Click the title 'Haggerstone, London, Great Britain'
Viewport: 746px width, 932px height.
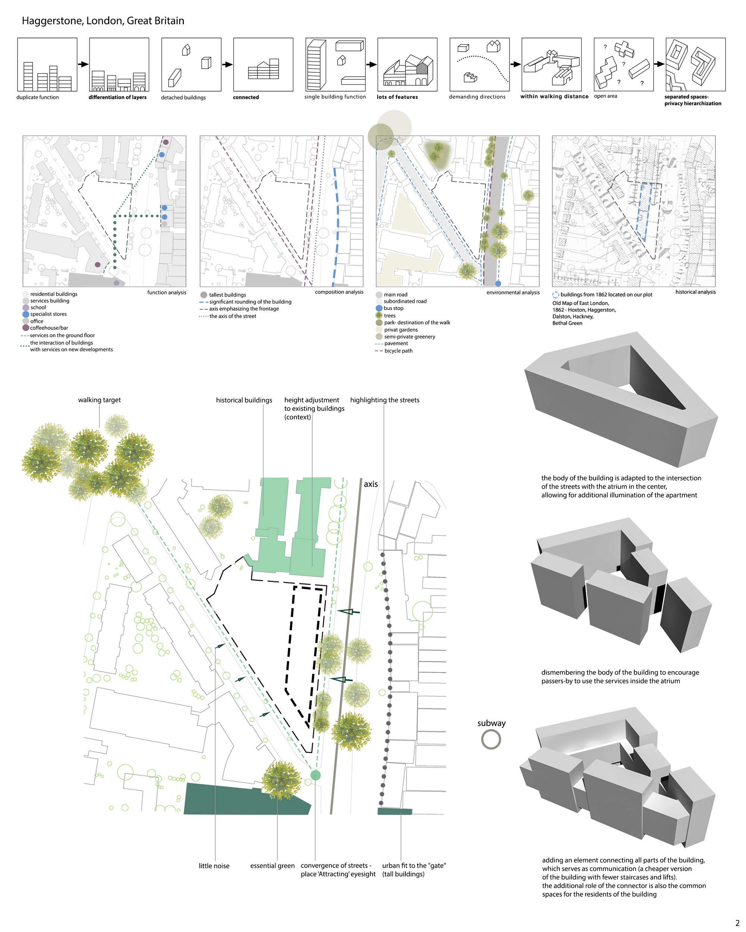(x=103, y=21)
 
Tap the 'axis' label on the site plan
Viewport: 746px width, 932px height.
(x=371, y=484)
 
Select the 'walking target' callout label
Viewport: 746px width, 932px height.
(x=100, y=400)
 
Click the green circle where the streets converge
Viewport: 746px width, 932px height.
(x=316, y=775)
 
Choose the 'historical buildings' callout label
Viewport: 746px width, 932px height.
(x=244, y=400)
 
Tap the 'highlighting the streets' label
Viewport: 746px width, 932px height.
(x=385, y=400)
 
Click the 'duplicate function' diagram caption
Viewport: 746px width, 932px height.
(x=38, y=97)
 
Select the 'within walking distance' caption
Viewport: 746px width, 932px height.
(x=554, y=97)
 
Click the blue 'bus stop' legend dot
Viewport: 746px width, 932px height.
(x=379, y=308)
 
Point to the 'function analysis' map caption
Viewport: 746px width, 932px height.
(x=166, y=292)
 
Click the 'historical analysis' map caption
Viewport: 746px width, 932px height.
(x=695, y=292)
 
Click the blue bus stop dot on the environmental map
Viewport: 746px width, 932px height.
(x=498, y=284)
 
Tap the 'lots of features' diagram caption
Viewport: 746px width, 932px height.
(x=398, y=97)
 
